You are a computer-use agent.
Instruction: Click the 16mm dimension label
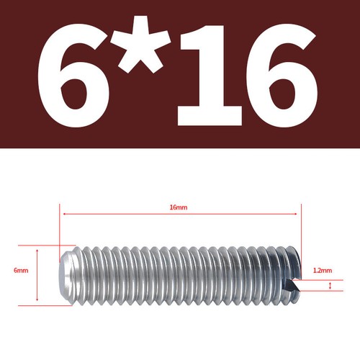(178, 207)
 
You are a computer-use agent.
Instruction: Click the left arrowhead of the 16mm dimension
(66, 214)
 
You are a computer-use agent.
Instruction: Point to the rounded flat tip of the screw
(63, 273)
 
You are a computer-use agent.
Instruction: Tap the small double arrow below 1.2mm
(330, 286)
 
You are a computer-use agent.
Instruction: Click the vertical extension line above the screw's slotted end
(299, 230)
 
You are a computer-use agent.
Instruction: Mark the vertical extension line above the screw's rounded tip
(58, 227)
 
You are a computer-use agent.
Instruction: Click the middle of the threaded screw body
(180, 273)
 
